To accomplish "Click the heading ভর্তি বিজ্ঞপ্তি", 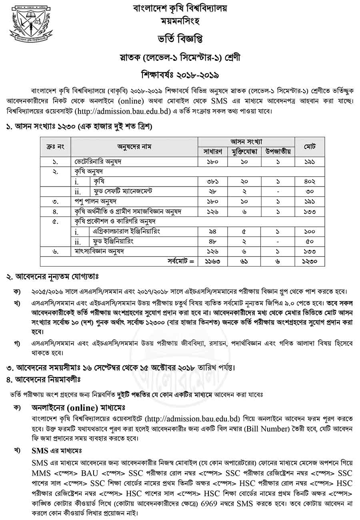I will coord(180,39).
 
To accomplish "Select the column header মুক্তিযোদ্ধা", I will coord(245,151).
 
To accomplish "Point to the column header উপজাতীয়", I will coord(278,151).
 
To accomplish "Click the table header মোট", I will coord(310,146).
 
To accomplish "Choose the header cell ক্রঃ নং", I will coord(55,146).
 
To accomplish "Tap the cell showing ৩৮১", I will coord(212,181).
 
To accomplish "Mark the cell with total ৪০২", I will coord(310,181).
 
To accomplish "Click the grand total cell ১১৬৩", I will coord(212,261).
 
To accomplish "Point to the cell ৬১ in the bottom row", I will coord(245,261).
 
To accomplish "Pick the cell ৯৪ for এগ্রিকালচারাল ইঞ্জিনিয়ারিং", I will coord(212,231).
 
